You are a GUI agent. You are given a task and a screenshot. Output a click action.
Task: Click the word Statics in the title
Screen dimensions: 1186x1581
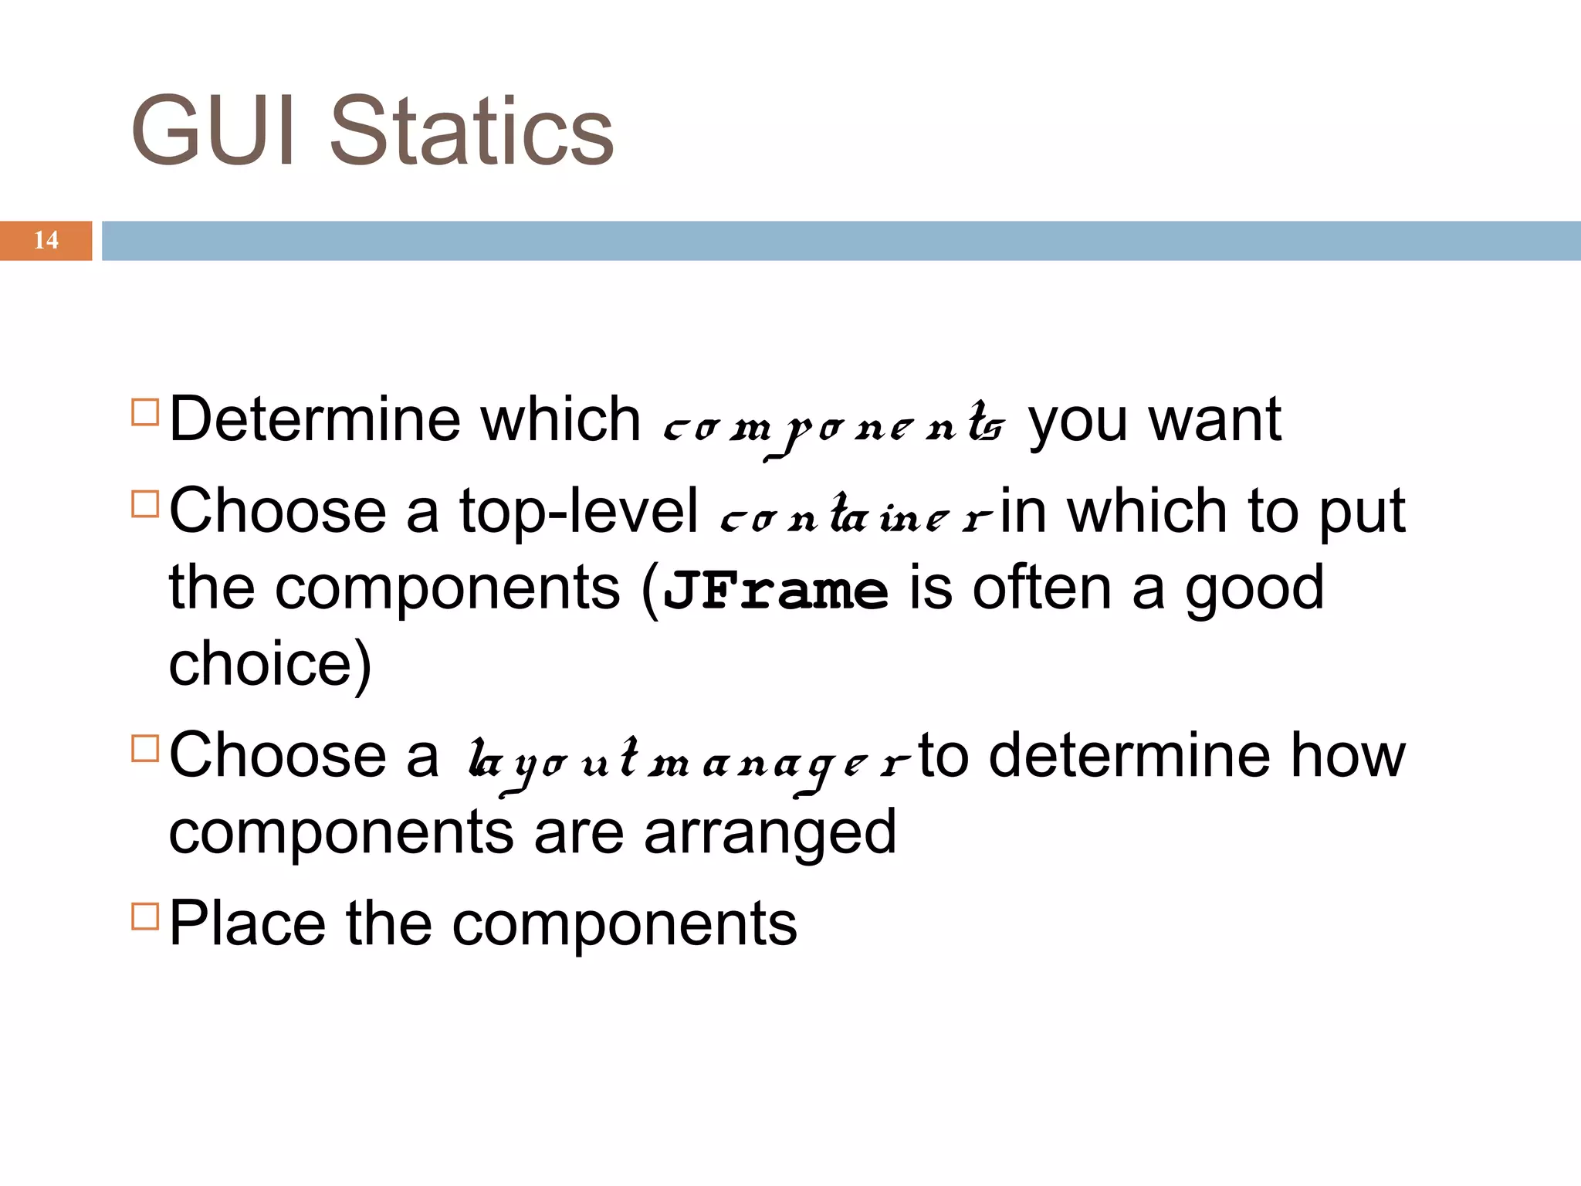pyautogui.click(x=471, y=131)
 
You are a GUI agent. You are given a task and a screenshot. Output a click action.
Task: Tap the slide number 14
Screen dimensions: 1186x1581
pyautogui.click(x=46, y=240)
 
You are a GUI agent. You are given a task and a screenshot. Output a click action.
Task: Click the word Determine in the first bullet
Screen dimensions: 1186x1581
pyautogui.click(x=315, y=420)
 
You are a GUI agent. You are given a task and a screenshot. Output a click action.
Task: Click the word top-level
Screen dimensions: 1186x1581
pyautogui.click(x=579, y=512)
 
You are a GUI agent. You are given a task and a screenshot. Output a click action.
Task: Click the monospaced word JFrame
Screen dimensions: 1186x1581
pyautogui.click(x=776, y=591)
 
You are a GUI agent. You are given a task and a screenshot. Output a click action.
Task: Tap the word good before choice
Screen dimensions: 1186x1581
pyautogui.click(x=1254, y=589)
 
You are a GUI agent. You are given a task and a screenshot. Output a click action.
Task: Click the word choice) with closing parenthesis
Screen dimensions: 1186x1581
pyautogui.click(x=270, y=665)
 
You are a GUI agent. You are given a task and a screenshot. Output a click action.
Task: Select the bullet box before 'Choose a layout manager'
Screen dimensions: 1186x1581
pyautogui.click(x=145, y=748)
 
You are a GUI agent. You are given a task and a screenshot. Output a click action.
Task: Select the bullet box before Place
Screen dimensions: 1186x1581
pyautogui.click(x=145, y=916)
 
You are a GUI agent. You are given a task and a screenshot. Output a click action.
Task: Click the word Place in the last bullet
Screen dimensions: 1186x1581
pyautogui.click(x=247, y=923)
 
